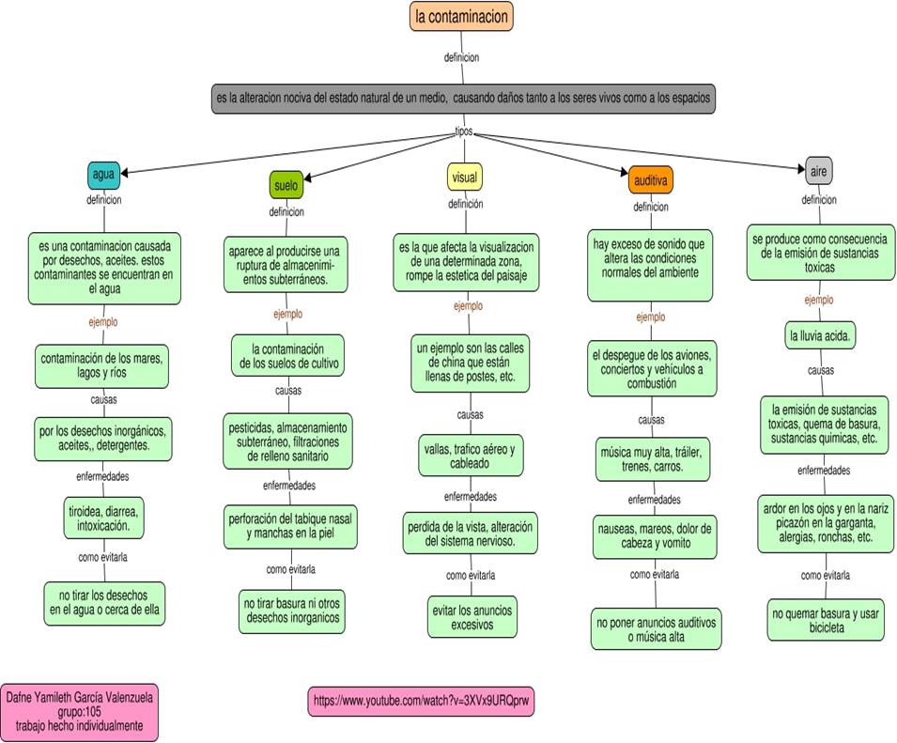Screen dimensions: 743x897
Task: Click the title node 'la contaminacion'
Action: [x=461, y=17]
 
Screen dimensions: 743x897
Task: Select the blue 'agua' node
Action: [x=104, y=175]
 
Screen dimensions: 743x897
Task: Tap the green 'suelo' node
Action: [x=286, y=186]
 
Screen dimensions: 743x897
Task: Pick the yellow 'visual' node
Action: [x=464, y=178]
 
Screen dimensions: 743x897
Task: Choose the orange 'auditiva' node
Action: [x=651, y=180]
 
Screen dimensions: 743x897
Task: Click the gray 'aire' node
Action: [x=818, y=170]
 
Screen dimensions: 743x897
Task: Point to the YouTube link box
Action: [x=426, y=701]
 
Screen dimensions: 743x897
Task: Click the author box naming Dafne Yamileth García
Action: [x=80, y=712]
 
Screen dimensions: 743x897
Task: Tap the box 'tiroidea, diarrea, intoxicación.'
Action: [x=102, y=518]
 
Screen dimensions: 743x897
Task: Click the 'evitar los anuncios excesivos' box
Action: [x=472, y=617]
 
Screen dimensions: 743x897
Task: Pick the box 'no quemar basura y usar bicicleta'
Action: [x=826, y=620]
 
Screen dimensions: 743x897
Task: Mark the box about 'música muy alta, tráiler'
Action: [x=655, y=459]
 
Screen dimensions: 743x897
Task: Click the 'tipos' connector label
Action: [x=464, y=132]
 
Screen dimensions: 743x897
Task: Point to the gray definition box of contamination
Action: [x=464, y=99]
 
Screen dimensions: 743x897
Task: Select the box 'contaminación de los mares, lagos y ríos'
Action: [x=102, y=365]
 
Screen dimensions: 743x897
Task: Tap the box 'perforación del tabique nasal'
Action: [x=291, y=527]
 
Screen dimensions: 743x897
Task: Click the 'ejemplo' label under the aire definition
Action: [x=818, y=300]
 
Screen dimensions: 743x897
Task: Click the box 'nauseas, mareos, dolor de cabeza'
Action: [x=655, y=536]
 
